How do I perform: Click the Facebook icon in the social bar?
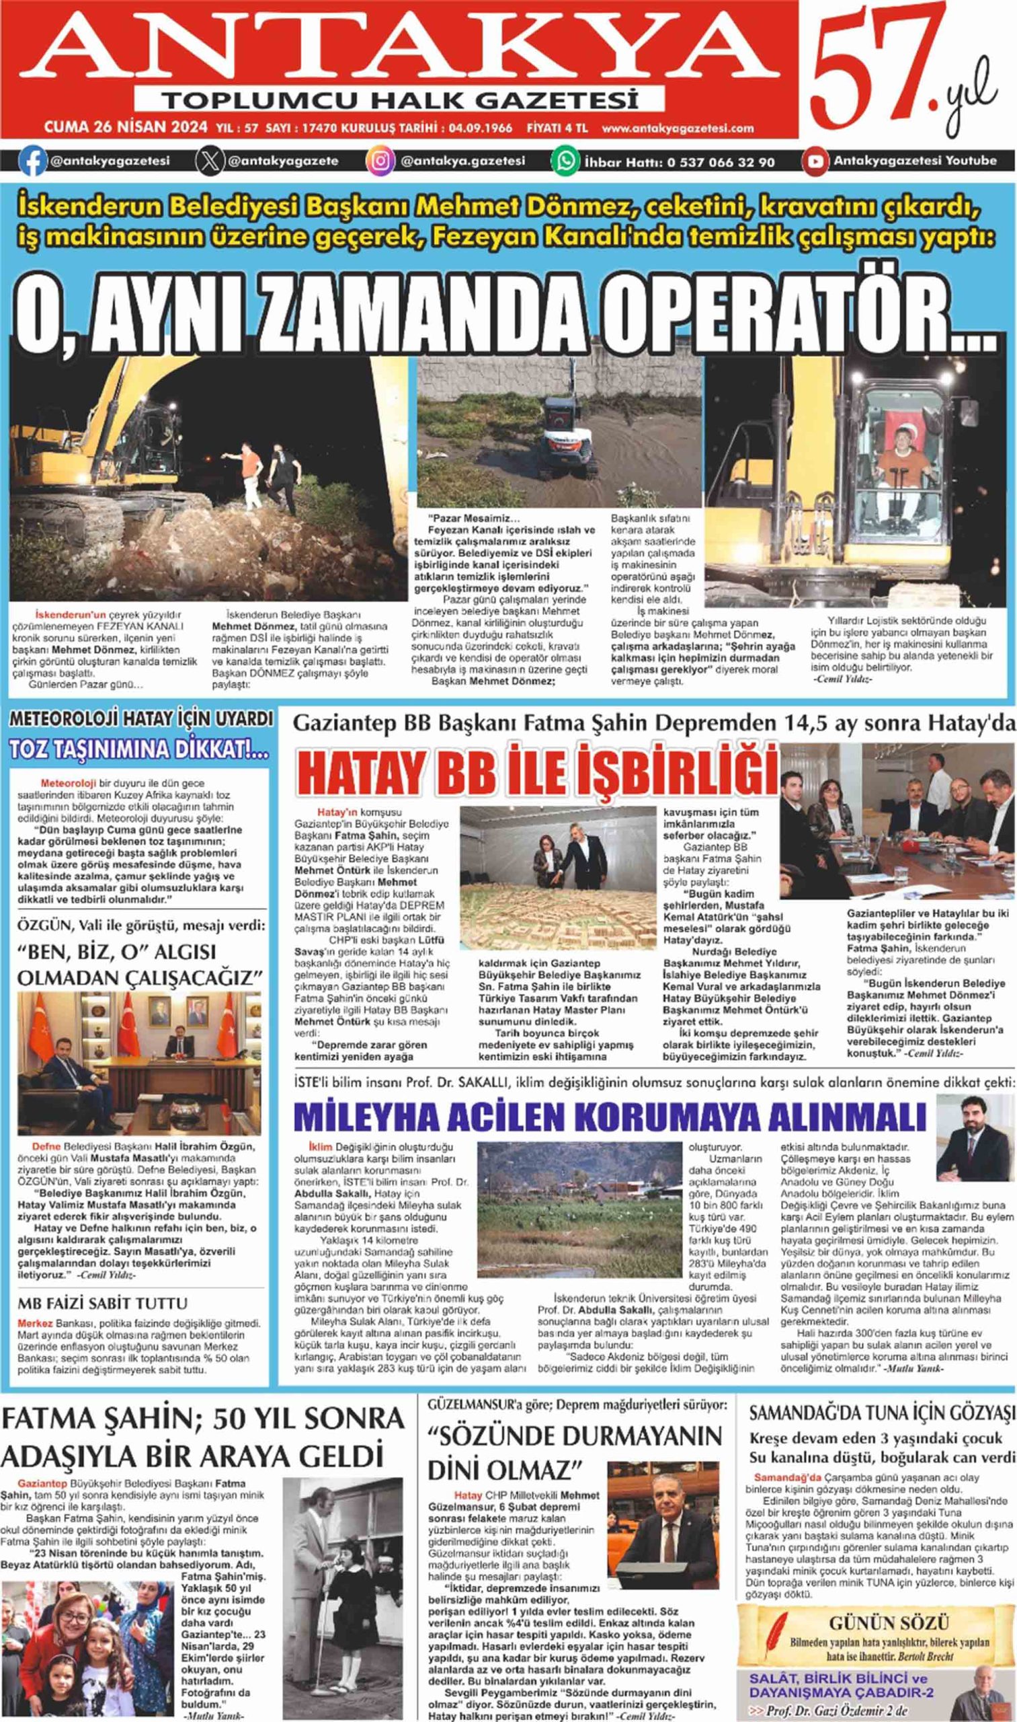coord(32,161)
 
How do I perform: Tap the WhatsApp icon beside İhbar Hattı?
coord(566,162)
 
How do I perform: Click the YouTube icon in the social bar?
coord(815,162)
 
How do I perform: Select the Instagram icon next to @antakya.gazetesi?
coord(381,162)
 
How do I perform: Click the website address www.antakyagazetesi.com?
coord(678,128)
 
